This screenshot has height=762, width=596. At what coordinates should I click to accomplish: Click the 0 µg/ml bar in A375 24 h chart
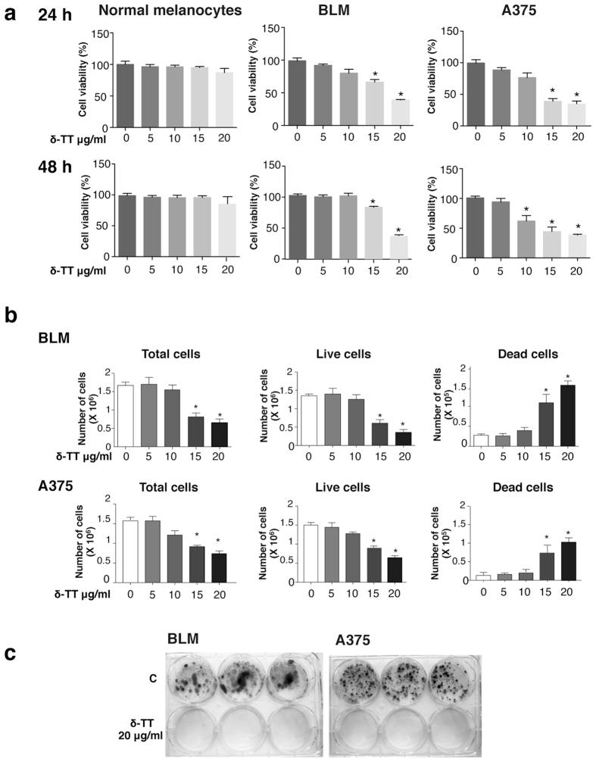[x=476, y=94]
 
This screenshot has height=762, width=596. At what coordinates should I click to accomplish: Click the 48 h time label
[x=56, y=168]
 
